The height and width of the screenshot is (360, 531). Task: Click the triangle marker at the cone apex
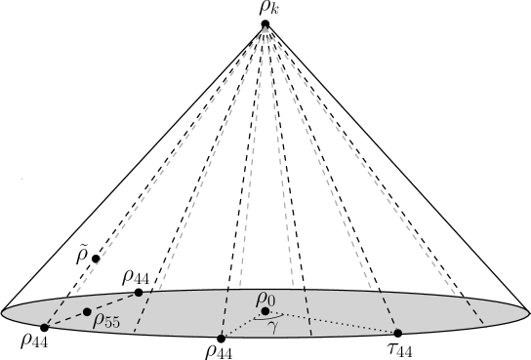265,30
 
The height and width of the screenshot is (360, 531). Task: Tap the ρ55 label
106,321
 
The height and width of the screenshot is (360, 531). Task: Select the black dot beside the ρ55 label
87,312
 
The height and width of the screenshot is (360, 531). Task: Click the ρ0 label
265,299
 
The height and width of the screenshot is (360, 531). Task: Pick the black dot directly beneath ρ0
265,311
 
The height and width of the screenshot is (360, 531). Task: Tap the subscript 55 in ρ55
112,324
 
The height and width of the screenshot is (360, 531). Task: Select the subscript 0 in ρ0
272,301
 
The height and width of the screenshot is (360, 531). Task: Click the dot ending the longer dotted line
397,333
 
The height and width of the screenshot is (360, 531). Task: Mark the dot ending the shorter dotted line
222,336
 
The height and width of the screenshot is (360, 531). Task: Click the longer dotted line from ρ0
332,322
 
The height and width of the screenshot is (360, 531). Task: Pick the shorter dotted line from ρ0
243,324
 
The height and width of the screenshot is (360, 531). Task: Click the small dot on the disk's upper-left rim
139,293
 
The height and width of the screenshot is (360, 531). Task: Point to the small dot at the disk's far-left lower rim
45,326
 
